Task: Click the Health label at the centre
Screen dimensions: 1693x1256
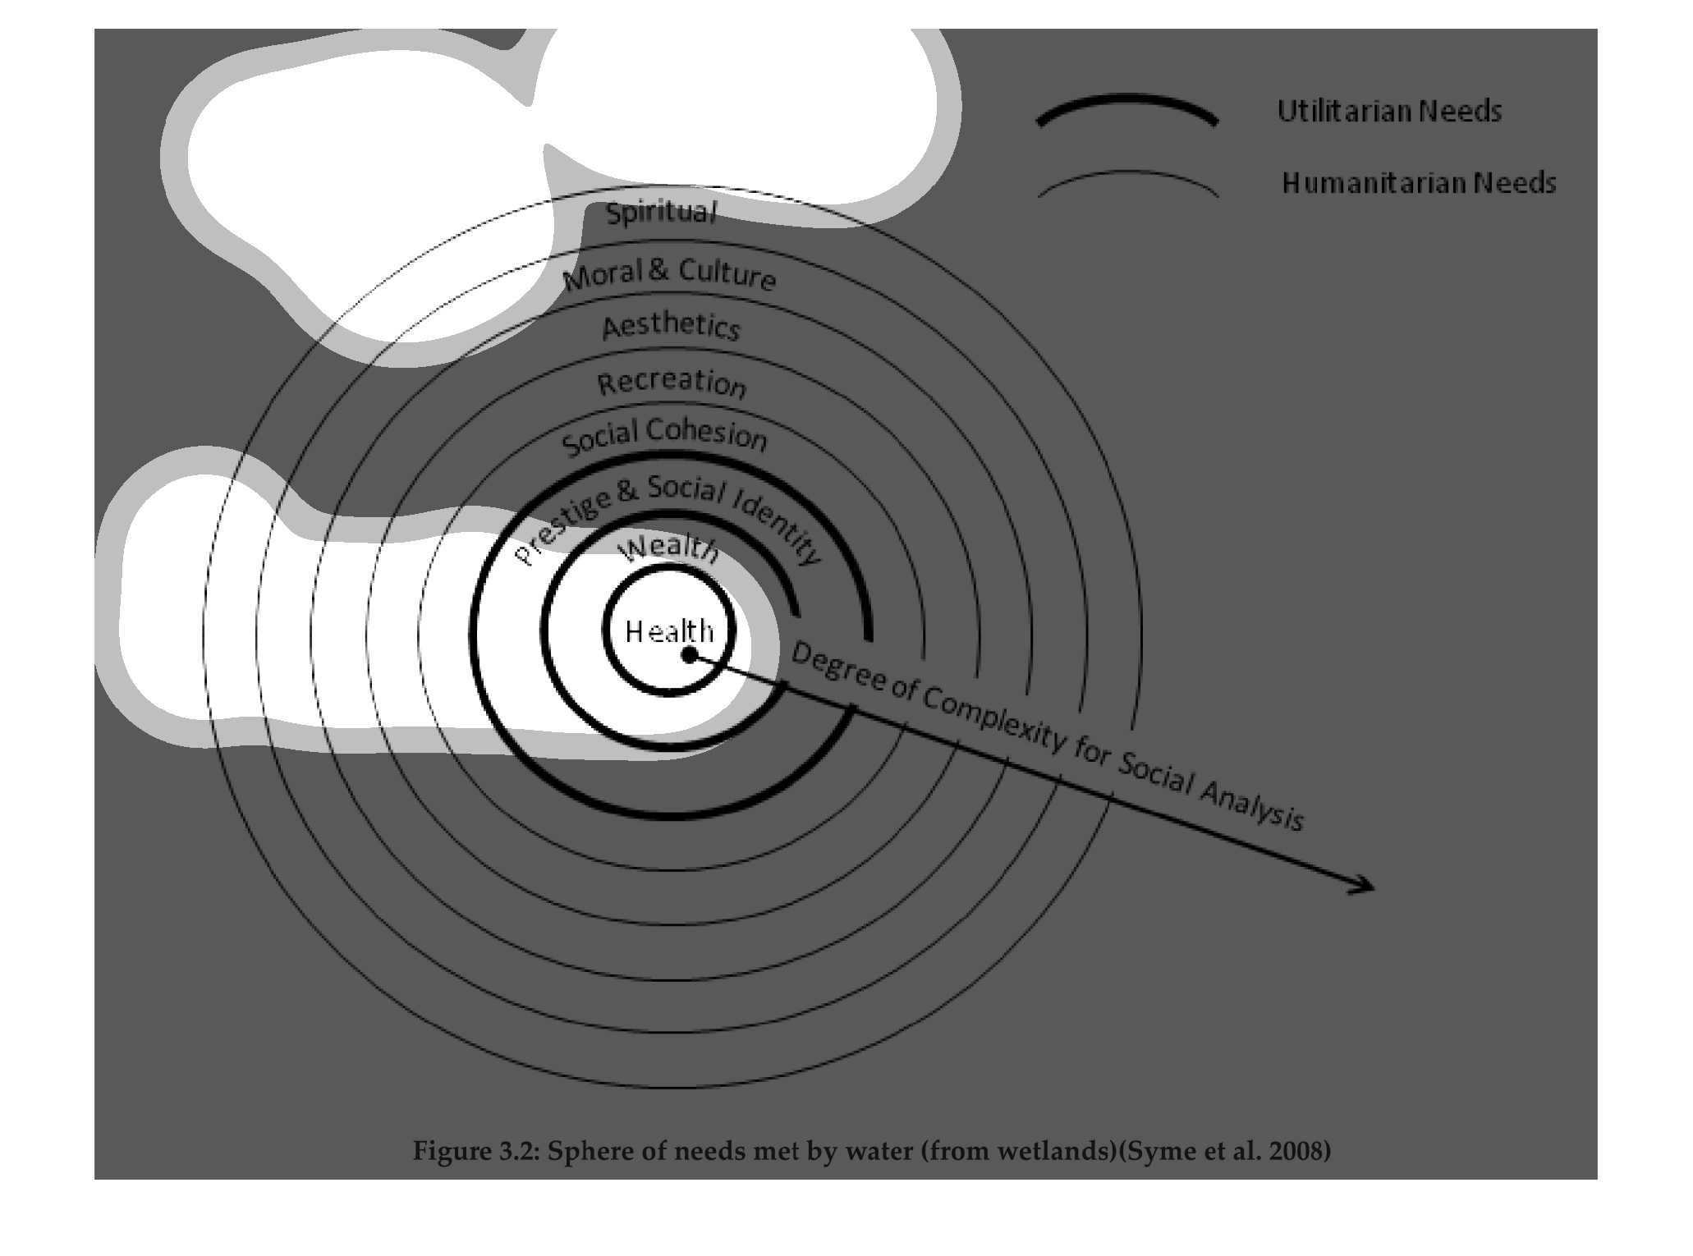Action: pos(669,631)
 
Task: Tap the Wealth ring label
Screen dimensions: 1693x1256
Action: pos(671,548)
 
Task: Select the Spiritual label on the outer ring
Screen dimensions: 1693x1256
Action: pos(661,213)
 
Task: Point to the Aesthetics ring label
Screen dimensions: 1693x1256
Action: pos(671,326)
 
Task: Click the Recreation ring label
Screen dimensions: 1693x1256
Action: pos(672,383)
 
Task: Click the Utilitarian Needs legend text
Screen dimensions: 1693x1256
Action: pos(1389,111)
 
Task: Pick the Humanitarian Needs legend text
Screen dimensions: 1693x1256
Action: pos(1419,182)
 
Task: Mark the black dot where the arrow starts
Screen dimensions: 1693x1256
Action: pos(690,654)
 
